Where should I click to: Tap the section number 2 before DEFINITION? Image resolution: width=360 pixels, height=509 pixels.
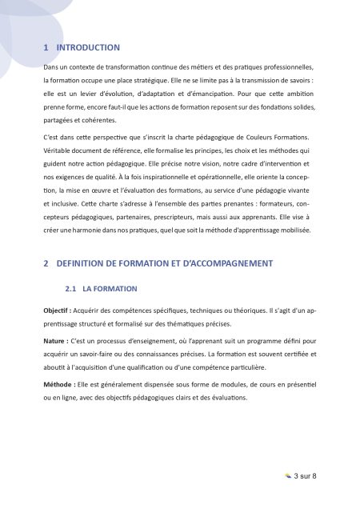[46, 263]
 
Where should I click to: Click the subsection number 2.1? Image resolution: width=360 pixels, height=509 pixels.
[70, 288]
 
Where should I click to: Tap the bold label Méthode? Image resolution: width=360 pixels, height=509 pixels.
[60, 385]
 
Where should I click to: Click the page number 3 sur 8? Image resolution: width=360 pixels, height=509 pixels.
[306, 476]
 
